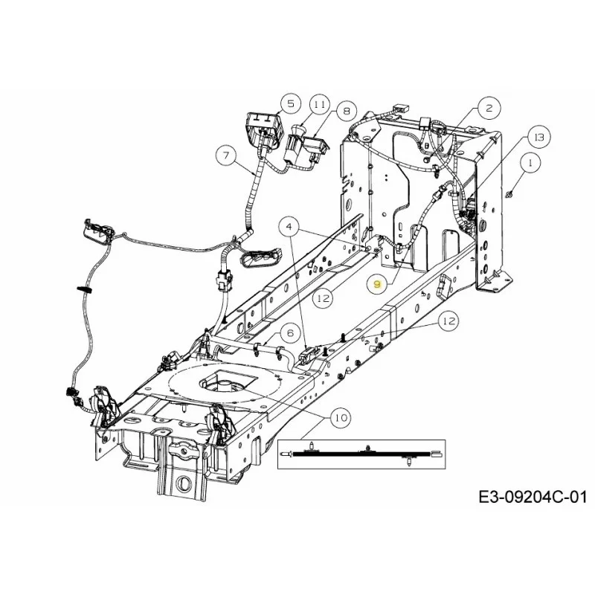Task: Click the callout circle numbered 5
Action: pos(291,103)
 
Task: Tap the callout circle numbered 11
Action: pos(320,104)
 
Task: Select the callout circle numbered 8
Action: pos(347,111)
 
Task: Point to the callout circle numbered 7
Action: pos(226,155)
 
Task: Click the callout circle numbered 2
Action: pos(489,108)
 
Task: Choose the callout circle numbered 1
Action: pos(530,163)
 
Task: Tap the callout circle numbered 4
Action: pos(289,228)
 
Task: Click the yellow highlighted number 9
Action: pos(377,284)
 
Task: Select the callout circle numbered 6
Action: pos(291,332)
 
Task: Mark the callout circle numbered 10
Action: pos(341,418)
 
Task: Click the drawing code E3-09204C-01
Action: pos(533,497)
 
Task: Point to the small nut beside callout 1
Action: pos(509,195)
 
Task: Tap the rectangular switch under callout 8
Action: pos(315,147)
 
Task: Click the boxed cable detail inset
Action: pos(361,454)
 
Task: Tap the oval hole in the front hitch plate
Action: pos(185,483)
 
